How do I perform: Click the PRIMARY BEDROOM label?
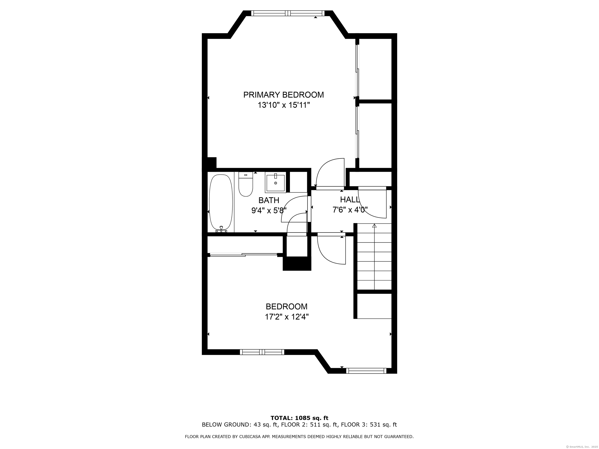[x=283, y=95]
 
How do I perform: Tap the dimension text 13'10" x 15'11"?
[x=283, y=105]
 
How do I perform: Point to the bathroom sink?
[x=275, y=183]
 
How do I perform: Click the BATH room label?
[x=269, y=200]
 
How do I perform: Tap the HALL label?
[x=350, y=200]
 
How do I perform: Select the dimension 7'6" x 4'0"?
[x=350, y=210]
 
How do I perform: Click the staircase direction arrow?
[x=375, y=225]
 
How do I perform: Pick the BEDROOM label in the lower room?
[x=286, y=307]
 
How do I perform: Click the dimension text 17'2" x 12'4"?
[x=286, y=317]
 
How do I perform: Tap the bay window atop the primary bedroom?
[x=288, y=13]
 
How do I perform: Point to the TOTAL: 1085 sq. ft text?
[x=299, y=418]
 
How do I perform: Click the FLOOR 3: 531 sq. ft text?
[x=369, y=425]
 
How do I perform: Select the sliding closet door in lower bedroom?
[x=244, y=254]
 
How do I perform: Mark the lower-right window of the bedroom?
[x=366, y=371]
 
